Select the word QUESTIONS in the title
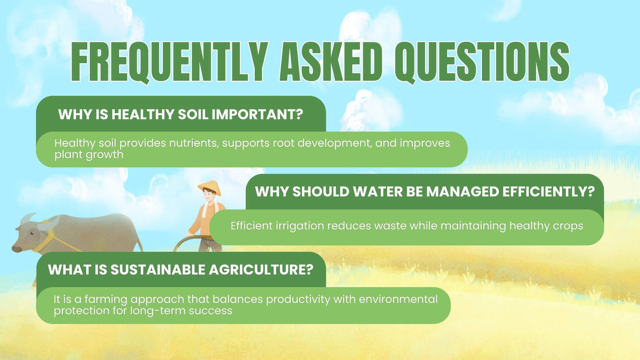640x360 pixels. coord(482,62)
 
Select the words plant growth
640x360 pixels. coord(89,155)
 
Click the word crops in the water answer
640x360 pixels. coord(568,226)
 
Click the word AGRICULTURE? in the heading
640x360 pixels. coord(261,270)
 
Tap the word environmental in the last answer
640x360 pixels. coord(398,299)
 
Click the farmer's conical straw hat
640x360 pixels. coord(210,188)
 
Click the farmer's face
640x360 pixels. coord(208,196)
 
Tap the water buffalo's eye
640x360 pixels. coord(32,234)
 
